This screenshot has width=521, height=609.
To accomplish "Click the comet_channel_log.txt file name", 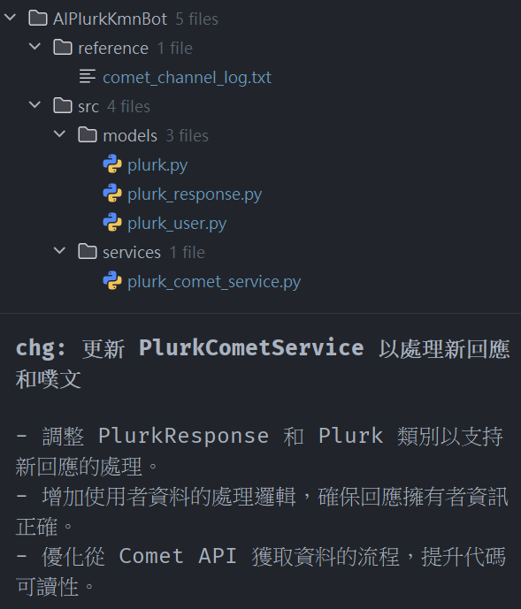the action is click(x=187, y=78).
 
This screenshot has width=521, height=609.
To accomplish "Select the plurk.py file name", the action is click(x=157, y=165).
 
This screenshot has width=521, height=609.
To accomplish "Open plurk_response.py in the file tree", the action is click(x=195, y=194).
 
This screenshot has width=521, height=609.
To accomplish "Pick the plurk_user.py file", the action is click(x=177, y=224).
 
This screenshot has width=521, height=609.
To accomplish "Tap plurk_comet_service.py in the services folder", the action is click(x=214, y=282).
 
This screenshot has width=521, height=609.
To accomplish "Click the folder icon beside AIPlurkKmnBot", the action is click(x=38, y=19).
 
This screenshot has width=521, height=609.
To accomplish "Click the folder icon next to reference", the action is click(x=63, y=48).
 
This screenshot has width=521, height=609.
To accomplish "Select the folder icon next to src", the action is click(x=63, y=106).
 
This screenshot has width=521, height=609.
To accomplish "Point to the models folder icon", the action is click(x=88, y=134).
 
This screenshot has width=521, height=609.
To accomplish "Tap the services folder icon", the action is click(x=88, y=251).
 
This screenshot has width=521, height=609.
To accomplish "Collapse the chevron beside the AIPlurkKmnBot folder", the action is click(x=10, y=17).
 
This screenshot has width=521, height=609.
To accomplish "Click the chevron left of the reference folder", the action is click(x=35, y=47).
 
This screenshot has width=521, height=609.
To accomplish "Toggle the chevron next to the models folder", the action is click(x=59, y=134).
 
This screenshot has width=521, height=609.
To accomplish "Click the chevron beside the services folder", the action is click(x=59, y=250).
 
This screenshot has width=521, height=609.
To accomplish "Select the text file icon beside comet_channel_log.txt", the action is click(x=88, y=76).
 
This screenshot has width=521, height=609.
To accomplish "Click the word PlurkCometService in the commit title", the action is click(x=251, y=347).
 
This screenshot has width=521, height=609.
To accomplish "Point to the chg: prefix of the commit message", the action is click(x=41, y=348).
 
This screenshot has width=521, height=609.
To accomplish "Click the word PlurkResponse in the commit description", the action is click(x=183, y=436).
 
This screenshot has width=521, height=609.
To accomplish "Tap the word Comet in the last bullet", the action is click(x=151, y=556).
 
